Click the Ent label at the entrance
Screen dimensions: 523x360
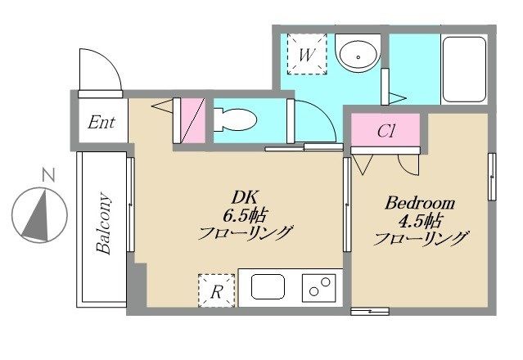(x=101, y=123)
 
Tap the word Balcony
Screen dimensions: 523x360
(x=103, y=223)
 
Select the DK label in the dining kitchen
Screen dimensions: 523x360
(x=245, y=197)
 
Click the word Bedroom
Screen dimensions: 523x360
(x=420, y=203)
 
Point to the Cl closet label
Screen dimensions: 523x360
(x=386, y=131)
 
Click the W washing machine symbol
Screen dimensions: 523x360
(x=307, y=54)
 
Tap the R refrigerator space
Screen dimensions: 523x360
(x=217, y=290)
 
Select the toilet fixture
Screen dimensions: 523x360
(x=234, y=119)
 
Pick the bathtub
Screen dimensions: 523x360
(x=464, y=70)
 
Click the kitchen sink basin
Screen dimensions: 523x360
(x=268, y=286)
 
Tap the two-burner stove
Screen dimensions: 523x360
(x=319, y=288)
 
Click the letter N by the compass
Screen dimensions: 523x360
(x=48, y=175)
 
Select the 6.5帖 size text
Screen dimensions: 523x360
(x=244, y=216)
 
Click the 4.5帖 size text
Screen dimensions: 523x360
(x=420, y=221)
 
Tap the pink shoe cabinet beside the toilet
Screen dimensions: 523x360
(x=193, y=120)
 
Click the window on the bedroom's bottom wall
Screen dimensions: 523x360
(x=370, y=312)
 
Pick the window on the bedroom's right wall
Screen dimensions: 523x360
(x=492, y=177)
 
